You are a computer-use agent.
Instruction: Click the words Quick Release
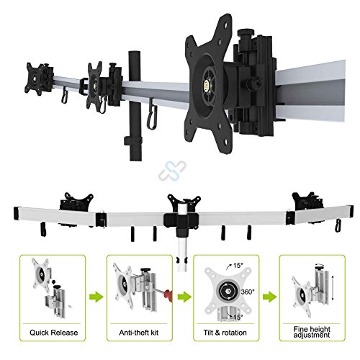[x=54, y=333]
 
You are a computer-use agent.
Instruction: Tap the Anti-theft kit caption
[x=139, y=333]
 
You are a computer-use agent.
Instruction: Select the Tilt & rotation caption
[x=225, y=333]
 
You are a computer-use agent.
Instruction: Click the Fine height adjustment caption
[x=312, y=332]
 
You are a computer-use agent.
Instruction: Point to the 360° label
[x=247, y=292]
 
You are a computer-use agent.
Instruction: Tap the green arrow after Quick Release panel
[x=96, y=297]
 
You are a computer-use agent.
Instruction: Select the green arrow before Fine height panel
[x=269, y=297]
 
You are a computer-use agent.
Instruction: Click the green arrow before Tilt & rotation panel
[x=184, y=297]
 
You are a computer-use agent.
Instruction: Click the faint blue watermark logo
[x=172, y=171]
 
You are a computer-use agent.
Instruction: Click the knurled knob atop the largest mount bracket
[x=244, y=32]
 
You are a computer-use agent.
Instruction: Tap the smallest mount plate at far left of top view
[x=35, y=79]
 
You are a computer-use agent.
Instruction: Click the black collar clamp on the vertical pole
[x=133, y=141]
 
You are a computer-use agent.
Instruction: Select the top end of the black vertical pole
[x=135, y=52]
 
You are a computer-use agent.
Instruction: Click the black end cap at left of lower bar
[x=17, y=214]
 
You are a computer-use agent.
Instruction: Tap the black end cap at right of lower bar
[x=351, y=212]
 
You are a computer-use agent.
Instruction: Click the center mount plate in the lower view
[x=184, y=202]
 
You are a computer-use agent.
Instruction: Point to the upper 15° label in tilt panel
[x=238, y=266]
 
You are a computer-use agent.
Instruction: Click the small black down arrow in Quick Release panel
[x=53, y=282]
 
